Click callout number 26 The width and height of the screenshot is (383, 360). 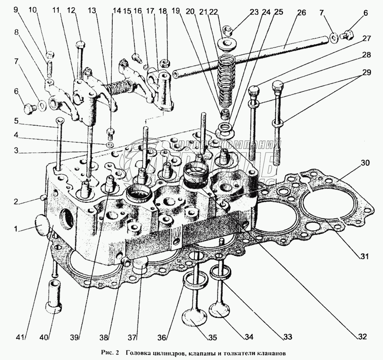[x=301, y=13]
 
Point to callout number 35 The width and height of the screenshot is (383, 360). [x=212, y=337]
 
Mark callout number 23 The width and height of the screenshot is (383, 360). [x=254, y=13]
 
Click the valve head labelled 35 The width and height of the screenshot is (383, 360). [x=194, y=318]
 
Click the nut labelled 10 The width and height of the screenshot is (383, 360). [x=49, y=54]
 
